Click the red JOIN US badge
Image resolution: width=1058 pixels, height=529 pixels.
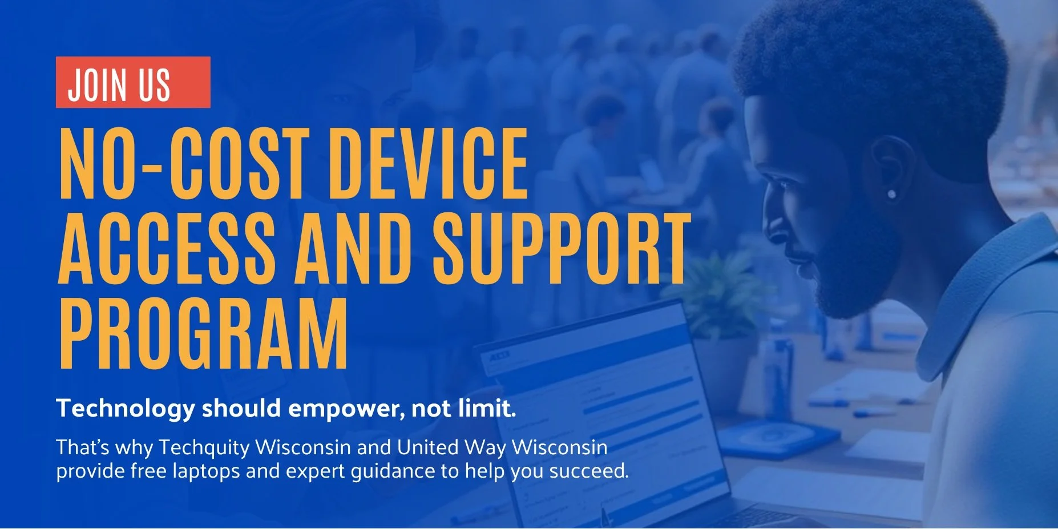coord(132,82)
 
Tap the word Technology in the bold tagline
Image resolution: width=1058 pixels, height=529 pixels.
coord(125,409)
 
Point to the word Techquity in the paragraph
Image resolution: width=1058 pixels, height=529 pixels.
coord(204,447)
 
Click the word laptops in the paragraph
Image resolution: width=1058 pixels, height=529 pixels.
coord(206,471)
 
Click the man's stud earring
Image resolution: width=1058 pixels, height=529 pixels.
coord(891,195)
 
